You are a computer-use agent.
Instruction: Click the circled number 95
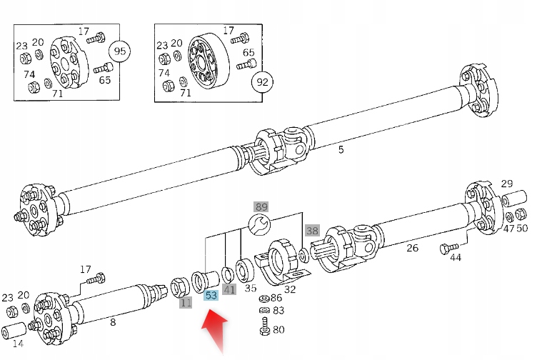119,51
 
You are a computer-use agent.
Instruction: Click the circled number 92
262,82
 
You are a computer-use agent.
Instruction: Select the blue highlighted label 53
211,294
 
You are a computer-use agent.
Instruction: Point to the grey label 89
261,207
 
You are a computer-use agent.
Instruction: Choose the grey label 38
312,230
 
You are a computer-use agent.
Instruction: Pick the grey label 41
229,289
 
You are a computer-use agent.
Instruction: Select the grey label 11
186,302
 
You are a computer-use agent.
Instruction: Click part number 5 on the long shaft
341,149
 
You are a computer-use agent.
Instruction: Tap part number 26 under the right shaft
412,248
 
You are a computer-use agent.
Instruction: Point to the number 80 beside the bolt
278,330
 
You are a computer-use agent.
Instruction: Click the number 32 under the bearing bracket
290,289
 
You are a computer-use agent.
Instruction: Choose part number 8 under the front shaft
112,322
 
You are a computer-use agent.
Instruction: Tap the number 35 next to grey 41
250,289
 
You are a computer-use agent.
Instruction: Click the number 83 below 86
278,311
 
